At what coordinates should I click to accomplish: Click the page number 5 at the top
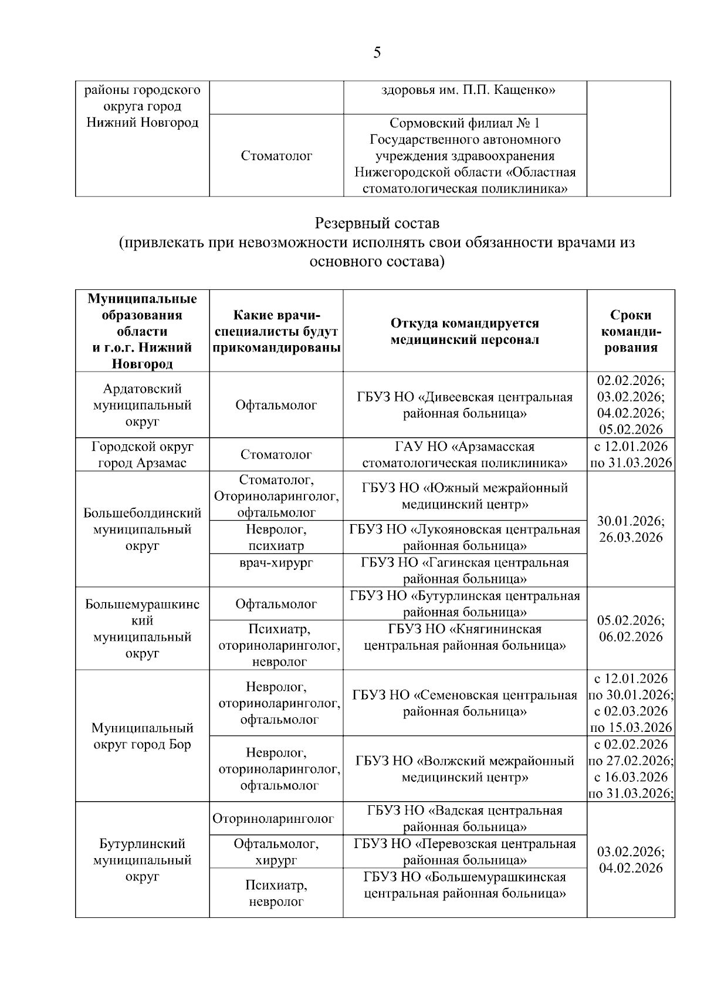click(x=377, y=53)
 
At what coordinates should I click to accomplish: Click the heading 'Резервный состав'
click(x=377, y=224)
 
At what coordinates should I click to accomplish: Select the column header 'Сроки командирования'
click(x=631, y=331)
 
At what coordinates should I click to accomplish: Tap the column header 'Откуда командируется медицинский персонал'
click(x=465, y=332)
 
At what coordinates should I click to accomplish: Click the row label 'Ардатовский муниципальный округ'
click(x=143, y=405)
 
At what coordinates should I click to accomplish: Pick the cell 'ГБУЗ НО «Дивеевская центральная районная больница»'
click(x=465, y=405)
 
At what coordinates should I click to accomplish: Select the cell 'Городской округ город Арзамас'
click(x=143, y=454)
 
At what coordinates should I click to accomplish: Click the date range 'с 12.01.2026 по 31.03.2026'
click(x=631, y=454)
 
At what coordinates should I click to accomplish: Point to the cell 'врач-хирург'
click(x=276, y=563)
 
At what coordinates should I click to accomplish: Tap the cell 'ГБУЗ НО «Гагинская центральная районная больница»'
click(x=465, y=570)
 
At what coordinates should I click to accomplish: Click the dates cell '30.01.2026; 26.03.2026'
click(x=631, y=529)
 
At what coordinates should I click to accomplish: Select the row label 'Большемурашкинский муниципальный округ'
click(x=143, y=629)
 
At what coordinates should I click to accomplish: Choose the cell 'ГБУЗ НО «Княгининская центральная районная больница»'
click(x=465, y=637)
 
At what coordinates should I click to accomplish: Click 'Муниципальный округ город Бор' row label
click(x=143, y=736)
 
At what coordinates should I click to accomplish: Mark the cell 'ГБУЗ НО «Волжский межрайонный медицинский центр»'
click(x=465, y=769)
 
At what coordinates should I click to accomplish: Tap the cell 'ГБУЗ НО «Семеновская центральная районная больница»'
click(x=465, y=703)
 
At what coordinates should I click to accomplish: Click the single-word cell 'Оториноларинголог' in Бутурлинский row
click(x=273, y=819)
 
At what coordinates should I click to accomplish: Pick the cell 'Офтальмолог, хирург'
click(x=276, y=852)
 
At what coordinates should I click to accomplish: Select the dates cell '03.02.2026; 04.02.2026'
click(x=631, y=860)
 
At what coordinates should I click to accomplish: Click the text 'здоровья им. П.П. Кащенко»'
click(x=468, y=90)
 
